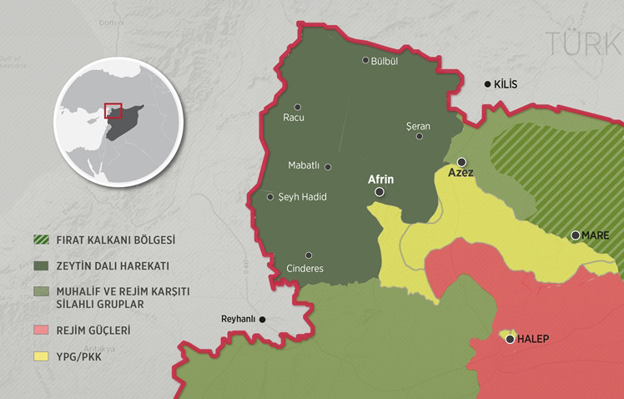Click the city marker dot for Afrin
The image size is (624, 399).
click(x=380, y=192)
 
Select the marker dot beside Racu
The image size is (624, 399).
click(x=298, y=106)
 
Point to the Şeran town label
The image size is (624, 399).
click(x=417, y=125)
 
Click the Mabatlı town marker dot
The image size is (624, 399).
click(x=328, y=167)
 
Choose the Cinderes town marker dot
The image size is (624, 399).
click(x=309, y=255)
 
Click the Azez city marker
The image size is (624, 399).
click(x=461, y=162)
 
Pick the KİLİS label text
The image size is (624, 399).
click(x=506, y=84)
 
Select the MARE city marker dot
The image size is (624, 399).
click(x=576, y=235)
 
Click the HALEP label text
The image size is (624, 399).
click(x=533, y=339)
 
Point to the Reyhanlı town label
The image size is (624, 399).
click(x=236, y=319)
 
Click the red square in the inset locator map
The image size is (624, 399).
click(x=113, y=112)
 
